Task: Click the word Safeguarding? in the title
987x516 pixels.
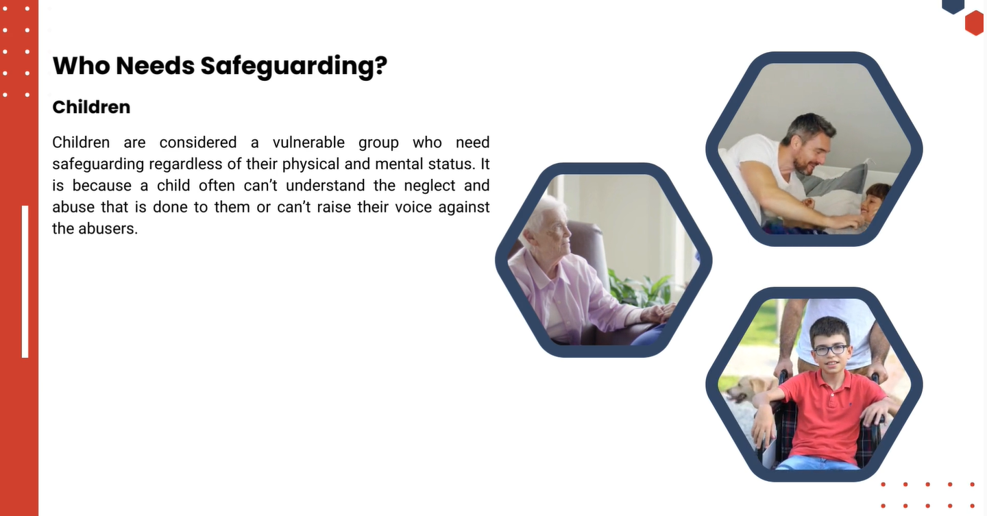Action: (x=294, y=66)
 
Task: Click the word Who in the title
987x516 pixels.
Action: (x=81, y=66)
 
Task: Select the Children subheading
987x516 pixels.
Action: (x=91, y=107)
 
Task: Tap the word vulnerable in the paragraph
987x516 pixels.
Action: (x=308, y=143)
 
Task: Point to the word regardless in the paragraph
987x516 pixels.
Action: (x=186, y=164)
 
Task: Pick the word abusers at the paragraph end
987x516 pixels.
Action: (x=108, y=229)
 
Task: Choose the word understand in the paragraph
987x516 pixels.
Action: (x=325, y=186)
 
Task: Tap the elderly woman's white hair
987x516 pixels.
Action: (x=543, y=212)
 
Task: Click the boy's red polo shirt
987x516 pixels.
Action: (x=829, y=414)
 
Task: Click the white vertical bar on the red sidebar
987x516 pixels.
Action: (x=25, y=282)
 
